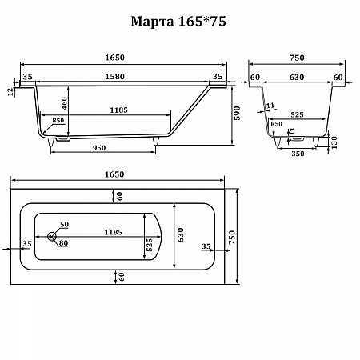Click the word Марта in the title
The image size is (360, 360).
coord(152,22)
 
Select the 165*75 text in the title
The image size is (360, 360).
coord(202,21)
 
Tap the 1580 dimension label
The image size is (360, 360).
coord(114,77)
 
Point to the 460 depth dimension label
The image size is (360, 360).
coord(64,103)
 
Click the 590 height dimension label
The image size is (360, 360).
coord(237,113)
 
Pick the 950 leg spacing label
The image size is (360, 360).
coord(99,148)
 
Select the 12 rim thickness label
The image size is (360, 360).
coord(10,92)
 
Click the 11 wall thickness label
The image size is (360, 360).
coord(270,106)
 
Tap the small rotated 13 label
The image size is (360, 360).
coord(292,131)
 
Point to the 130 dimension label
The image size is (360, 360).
coord(334,142)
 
